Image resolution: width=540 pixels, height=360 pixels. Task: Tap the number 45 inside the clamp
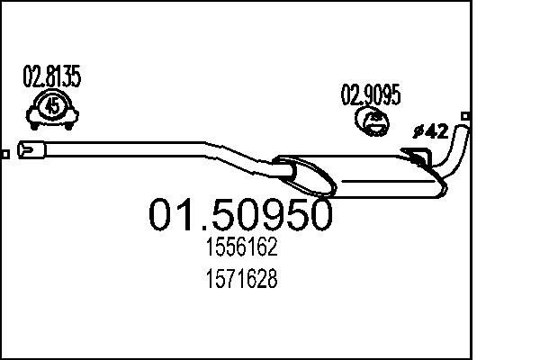coord(52,108)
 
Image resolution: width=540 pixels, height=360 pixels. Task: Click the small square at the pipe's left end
coord(5,154)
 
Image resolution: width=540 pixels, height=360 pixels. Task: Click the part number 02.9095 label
coord(370,94)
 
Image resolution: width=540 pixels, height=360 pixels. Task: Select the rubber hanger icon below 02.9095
coord(370,121)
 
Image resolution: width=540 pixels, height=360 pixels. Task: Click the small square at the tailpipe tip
coord(465,115)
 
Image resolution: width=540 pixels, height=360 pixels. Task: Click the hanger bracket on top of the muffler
coord(418,159)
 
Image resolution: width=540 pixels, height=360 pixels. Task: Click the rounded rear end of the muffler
coord(441,186)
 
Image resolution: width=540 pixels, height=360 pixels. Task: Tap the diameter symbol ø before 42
coord(417,132)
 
